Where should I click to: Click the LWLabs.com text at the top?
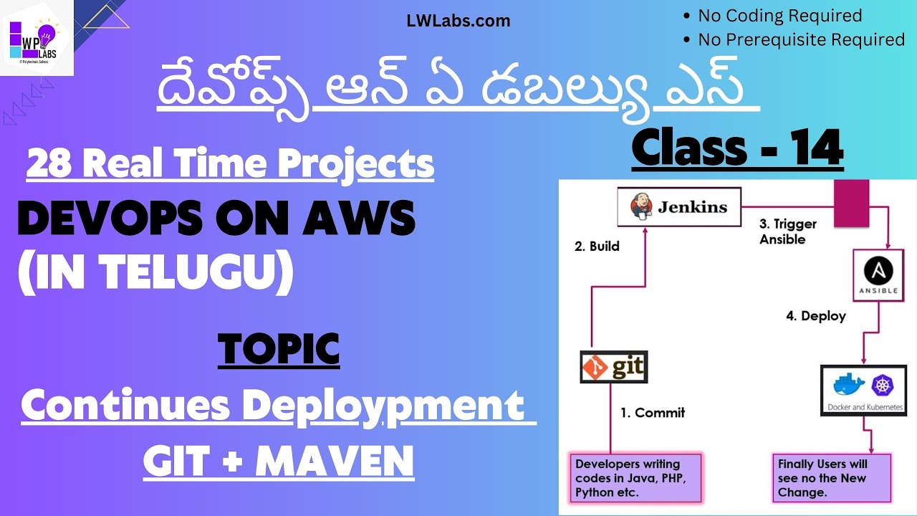tap(458, 21)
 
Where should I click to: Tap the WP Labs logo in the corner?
tap(37, 38)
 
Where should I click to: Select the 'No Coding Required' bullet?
tap(780, 16)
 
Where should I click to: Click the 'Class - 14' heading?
tap(737, 148)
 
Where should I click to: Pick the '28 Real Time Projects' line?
tap(230, 164)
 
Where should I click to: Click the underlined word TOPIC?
tap(279, 350)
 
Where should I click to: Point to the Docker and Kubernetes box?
tap(863, 390)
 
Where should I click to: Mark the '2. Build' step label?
tap(597, 247)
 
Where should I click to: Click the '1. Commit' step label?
tap(653, 413)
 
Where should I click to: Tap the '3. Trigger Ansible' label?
tap(788, 231)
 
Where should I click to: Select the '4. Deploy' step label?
tap(816, 316)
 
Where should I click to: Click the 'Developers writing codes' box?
tap(634, 478)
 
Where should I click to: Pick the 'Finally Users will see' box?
tap(831, 478)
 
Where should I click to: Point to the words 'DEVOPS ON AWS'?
tap(216, 219)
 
